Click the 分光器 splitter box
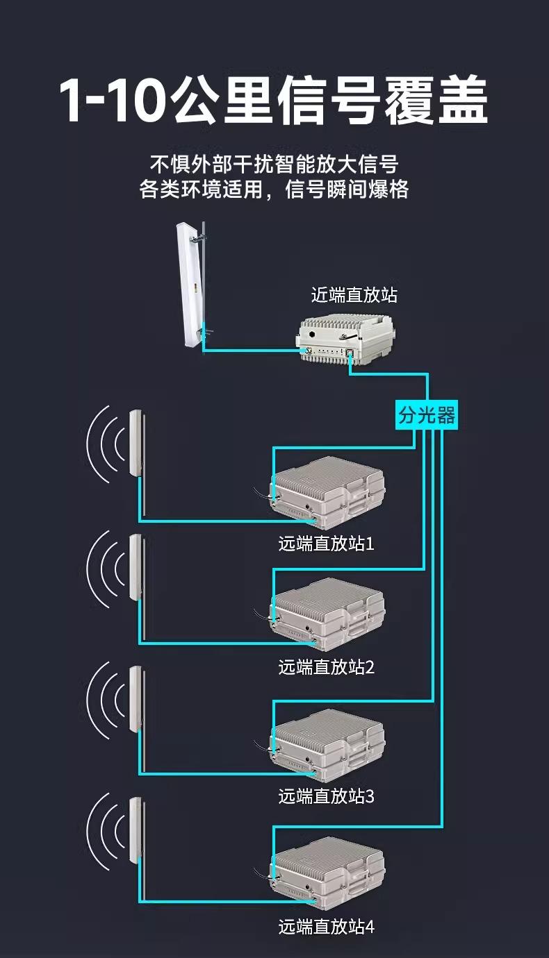pyautogui.click(x=427, y=416)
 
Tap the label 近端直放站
pyautogui.click(x=354, y=294)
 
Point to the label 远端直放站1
pyautogui.click(x=326, y=544)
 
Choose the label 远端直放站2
pyautogui.click(x=326, y=667)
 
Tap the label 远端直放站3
pyautogui.click(x=326, y=796)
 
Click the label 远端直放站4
pyautogui.click(x=326, y=926)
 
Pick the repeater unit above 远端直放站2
pyautogui.click(x=327, y=614)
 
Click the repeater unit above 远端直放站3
pyautogui.click(x=327, y=743)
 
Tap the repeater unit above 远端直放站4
pyautogui.click(x=327, y=873)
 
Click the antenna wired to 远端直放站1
pyautogui.click(x=136, y=444)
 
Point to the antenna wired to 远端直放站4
pyautogui.click(x=136, y=831)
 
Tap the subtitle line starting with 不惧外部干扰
pyautogui.click(x=274, y=165)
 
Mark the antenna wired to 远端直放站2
pyautogui.click(x=136, y=567)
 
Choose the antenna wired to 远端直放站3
pyautogui.click(x=136, y=699)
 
